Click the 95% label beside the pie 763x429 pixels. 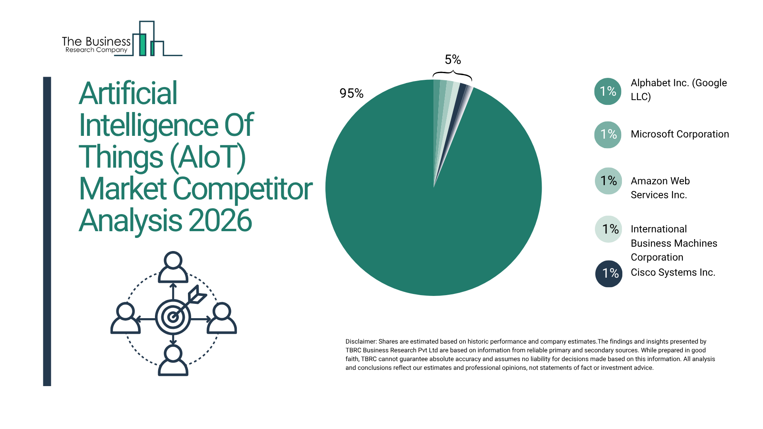coord(351,93)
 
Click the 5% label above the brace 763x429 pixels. coord(453,60)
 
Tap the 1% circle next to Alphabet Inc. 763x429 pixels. coord(608,91)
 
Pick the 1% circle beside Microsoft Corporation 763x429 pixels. coord(608,134)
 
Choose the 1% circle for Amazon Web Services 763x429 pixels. coord(608,181)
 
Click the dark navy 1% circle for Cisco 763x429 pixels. coord(609,273)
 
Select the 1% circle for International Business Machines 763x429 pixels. coord(608,229)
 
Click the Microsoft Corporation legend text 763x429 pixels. coord(680,134)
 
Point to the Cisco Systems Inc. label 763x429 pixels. coord(673,272)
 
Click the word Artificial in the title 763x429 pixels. coord(128,94)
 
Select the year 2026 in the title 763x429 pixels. coord(220,221)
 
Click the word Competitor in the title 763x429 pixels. coord(243,189)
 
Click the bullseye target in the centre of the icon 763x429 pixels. coord(173,317)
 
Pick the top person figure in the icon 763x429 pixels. coord(173,267)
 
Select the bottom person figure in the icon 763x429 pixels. coord(173,360)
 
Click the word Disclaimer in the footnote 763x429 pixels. coord(360,342)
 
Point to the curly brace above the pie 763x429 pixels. coord(452,75)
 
